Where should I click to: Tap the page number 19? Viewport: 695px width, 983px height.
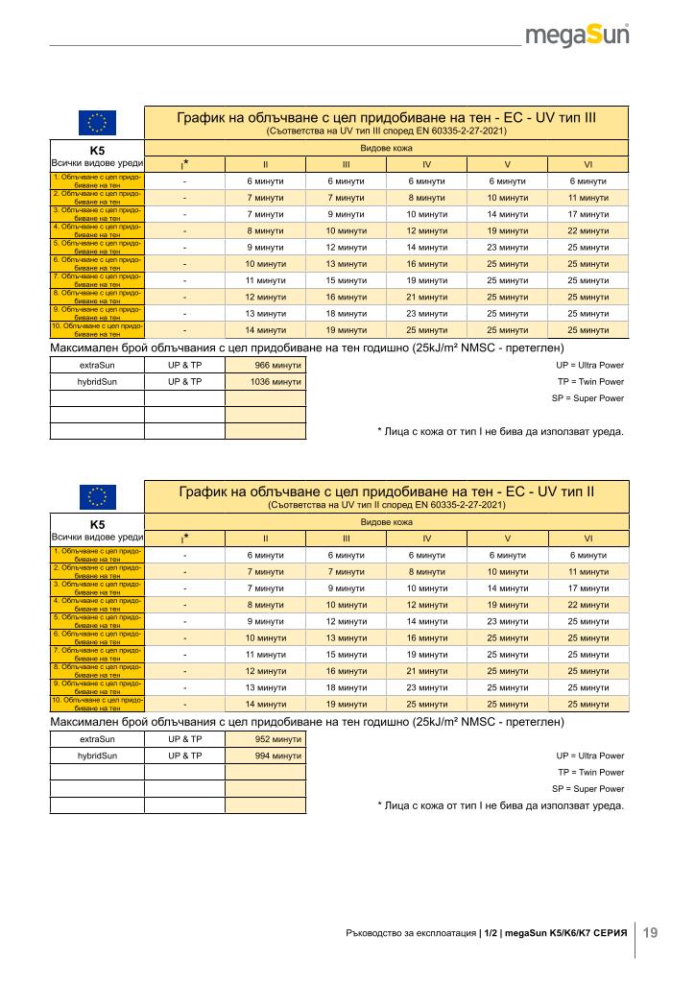[651, 932]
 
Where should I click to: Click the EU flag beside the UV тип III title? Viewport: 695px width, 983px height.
[97, 122]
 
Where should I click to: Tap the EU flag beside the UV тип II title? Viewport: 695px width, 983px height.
[97, 496]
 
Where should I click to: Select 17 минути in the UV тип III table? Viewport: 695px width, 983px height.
[587, 214]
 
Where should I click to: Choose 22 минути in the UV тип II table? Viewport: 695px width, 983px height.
[587, 604]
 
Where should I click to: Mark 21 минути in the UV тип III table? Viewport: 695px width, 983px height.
[426, 297]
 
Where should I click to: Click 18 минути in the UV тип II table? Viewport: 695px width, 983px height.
[346, 687]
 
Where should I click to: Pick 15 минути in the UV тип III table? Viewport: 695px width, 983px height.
[346, 280]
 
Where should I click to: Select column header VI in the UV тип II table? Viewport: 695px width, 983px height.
[587, 538]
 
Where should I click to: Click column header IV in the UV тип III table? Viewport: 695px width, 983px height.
[426, 163]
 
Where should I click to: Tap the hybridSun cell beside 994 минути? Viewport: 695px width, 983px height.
[97, 755]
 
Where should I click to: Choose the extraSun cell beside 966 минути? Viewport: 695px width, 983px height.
[97, 365]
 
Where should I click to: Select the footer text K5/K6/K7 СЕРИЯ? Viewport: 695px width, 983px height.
[587, 932]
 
